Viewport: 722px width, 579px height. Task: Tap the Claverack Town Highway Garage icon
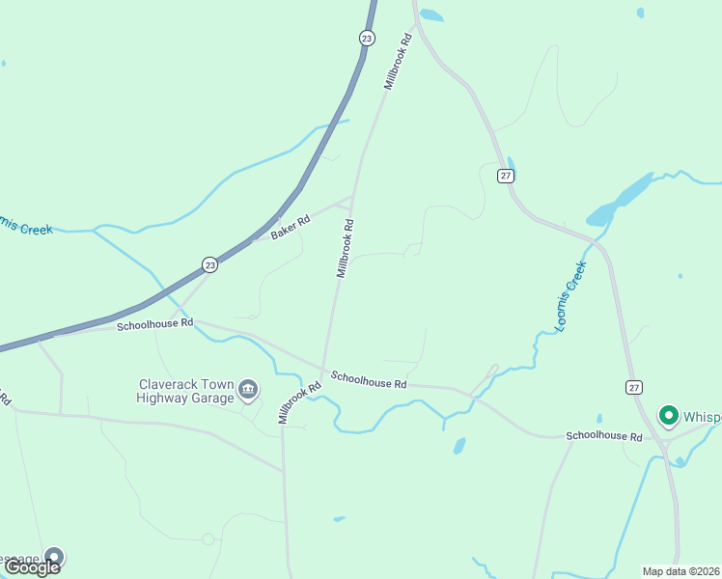(x=248, y=389)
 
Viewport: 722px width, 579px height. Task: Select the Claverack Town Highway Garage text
(x=185, y=391)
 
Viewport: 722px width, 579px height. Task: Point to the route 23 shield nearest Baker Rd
(x=209, y=264)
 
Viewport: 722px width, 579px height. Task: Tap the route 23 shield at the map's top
(x=366, y=38)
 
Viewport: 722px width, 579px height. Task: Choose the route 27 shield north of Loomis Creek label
(x=506, y=175)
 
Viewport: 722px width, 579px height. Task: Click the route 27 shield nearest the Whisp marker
(x=633, y=387)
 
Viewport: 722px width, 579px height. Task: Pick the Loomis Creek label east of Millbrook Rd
(x=570, y=297)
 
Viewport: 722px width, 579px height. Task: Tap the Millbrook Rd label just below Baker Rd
(x=346, y=248)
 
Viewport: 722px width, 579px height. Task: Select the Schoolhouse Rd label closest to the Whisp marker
(x=604, y=437)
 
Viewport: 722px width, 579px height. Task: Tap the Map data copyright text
(x=681, y=571)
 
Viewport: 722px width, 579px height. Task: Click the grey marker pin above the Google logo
(x=54, y=557)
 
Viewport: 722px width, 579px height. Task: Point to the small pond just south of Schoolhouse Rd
(x=459, y=446)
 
